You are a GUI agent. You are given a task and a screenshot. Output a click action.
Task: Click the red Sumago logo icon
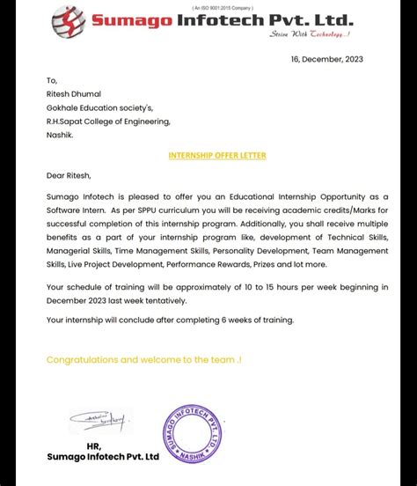coord(69,22)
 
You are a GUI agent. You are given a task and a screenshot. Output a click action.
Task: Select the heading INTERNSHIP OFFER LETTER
coord(216,155)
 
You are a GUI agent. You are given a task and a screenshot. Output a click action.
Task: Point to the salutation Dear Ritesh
coord(73,175)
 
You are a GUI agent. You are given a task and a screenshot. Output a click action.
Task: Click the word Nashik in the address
coord(62,136)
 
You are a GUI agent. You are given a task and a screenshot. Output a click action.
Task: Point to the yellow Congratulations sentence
coord(144,359)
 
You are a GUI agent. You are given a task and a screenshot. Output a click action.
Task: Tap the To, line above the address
coord(52,79)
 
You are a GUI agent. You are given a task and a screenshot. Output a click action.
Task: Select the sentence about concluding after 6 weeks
coord(170,320)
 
